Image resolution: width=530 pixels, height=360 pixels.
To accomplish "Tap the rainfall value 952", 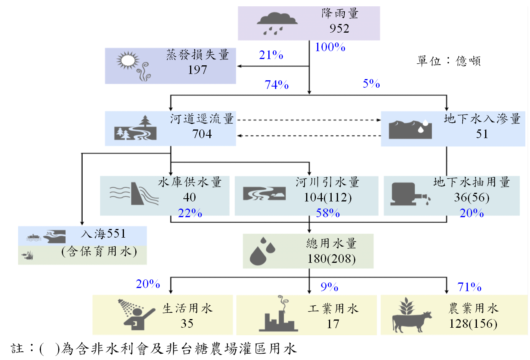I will coord(339,29).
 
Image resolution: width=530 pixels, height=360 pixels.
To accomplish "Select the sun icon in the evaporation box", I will coord(128,61).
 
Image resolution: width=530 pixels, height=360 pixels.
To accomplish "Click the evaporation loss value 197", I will coord(197,70).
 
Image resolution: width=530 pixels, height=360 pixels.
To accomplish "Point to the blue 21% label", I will coord(271,55).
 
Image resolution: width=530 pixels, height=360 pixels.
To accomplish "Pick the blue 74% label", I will coord(277,85).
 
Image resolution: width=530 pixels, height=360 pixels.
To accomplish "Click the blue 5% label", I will coord(371,84).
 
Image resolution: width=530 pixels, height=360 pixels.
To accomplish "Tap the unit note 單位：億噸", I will coord(449,61).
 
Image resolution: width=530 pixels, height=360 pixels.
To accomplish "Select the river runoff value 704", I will coord(202,134).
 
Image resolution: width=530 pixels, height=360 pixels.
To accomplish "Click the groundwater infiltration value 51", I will coord(482,134).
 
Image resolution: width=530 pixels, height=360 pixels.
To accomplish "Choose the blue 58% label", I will coord(328,213).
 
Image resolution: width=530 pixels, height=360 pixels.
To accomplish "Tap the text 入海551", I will coord(103,234).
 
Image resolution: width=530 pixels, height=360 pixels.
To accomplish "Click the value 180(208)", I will coord(331,259).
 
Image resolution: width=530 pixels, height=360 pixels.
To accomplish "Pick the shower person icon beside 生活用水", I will coord(136,314).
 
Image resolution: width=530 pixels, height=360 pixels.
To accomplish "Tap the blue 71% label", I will coord(469,287).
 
